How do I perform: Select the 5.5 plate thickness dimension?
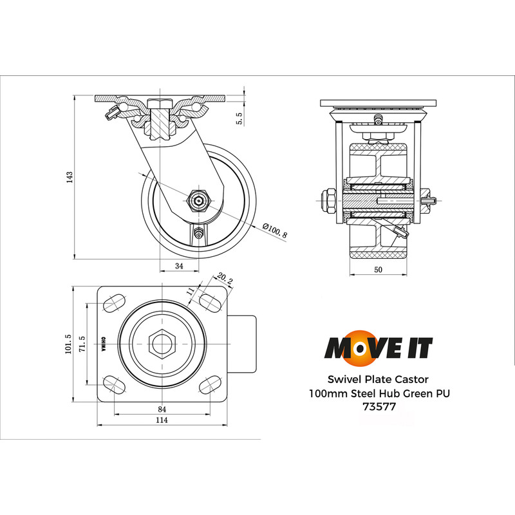(239, 118)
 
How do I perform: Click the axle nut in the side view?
(198, 201)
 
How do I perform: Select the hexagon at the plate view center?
(162, 344)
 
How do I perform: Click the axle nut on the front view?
(327, 200)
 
